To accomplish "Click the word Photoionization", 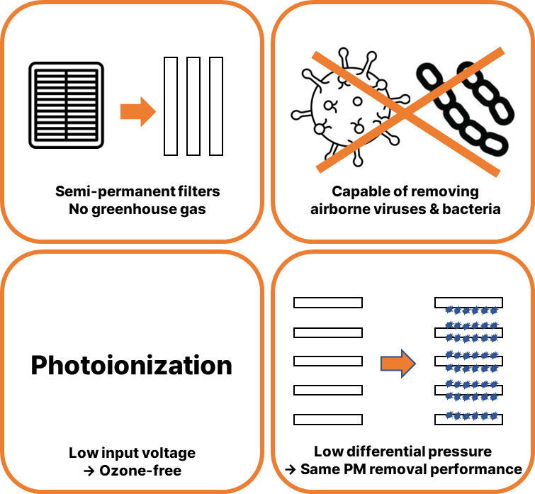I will point(131,365).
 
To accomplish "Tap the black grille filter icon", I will point(66,105).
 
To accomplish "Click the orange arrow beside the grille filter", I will point(137,111).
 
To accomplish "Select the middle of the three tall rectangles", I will point(193,106).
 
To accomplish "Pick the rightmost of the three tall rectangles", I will point(216,106).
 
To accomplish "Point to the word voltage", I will point(170,452).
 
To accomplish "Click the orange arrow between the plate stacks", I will point(398,363).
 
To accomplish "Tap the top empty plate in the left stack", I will point(328,303).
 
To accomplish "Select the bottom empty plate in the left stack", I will point(328,419).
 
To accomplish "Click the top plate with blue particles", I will point(468,303).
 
